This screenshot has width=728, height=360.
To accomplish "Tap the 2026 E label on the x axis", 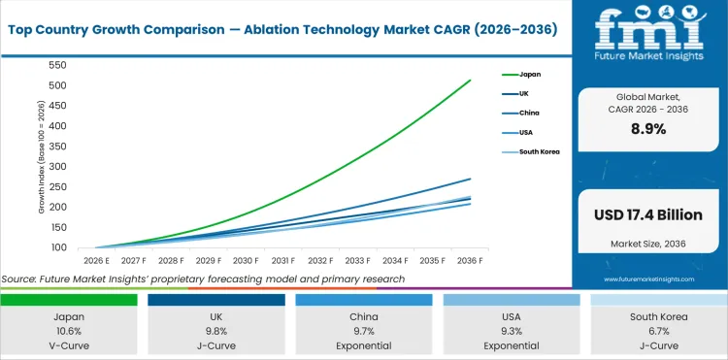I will click(95, 261).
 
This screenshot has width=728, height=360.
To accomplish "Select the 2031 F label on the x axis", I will click(282, 261).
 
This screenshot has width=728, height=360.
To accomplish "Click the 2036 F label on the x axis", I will click(470, 261).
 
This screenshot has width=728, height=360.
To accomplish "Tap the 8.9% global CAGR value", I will click(647, 129).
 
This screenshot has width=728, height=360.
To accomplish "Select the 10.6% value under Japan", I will click(68, 330).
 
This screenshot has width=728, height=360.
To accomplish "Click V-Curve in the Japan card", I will click(68, 344).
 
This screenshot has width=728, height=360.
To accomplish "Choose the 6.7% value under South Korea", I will click(658, 330).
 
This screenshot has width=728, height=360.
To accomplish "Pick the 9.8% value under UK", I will click(215, 330).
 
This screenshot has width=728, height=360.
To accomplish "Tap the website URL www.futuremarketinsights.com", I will click(647, 278).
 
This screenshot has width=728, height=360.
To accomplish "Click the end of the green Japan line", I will click(470, 81).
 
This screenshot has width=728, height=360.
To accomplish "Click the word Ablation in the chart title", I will click(320, 30).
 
